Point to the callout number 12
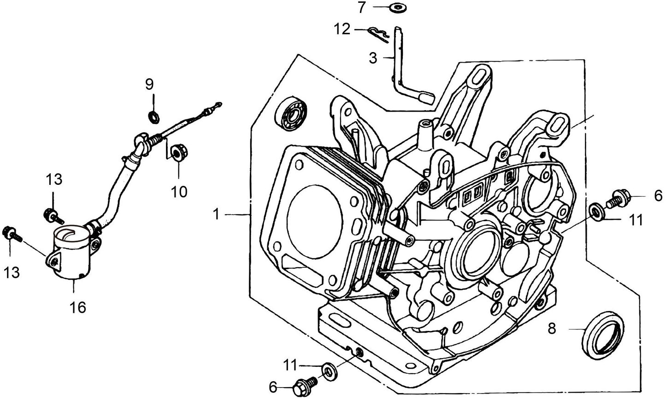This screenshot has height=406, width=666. click(x=342, y=29)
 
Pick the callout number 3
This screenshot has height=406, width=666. click(x=373, y=58)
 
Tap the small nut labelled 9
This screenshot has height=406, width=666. click(x=154, y=116)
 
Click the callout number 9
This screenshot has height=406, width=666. click(x=149, y=84)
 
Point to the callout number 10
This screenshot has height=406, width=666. click(x=179, y=191)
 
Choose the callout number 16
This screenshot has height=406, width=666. click(x=78, y=306)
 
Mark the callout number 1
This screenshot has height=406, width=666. click(x=216, y=214)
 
